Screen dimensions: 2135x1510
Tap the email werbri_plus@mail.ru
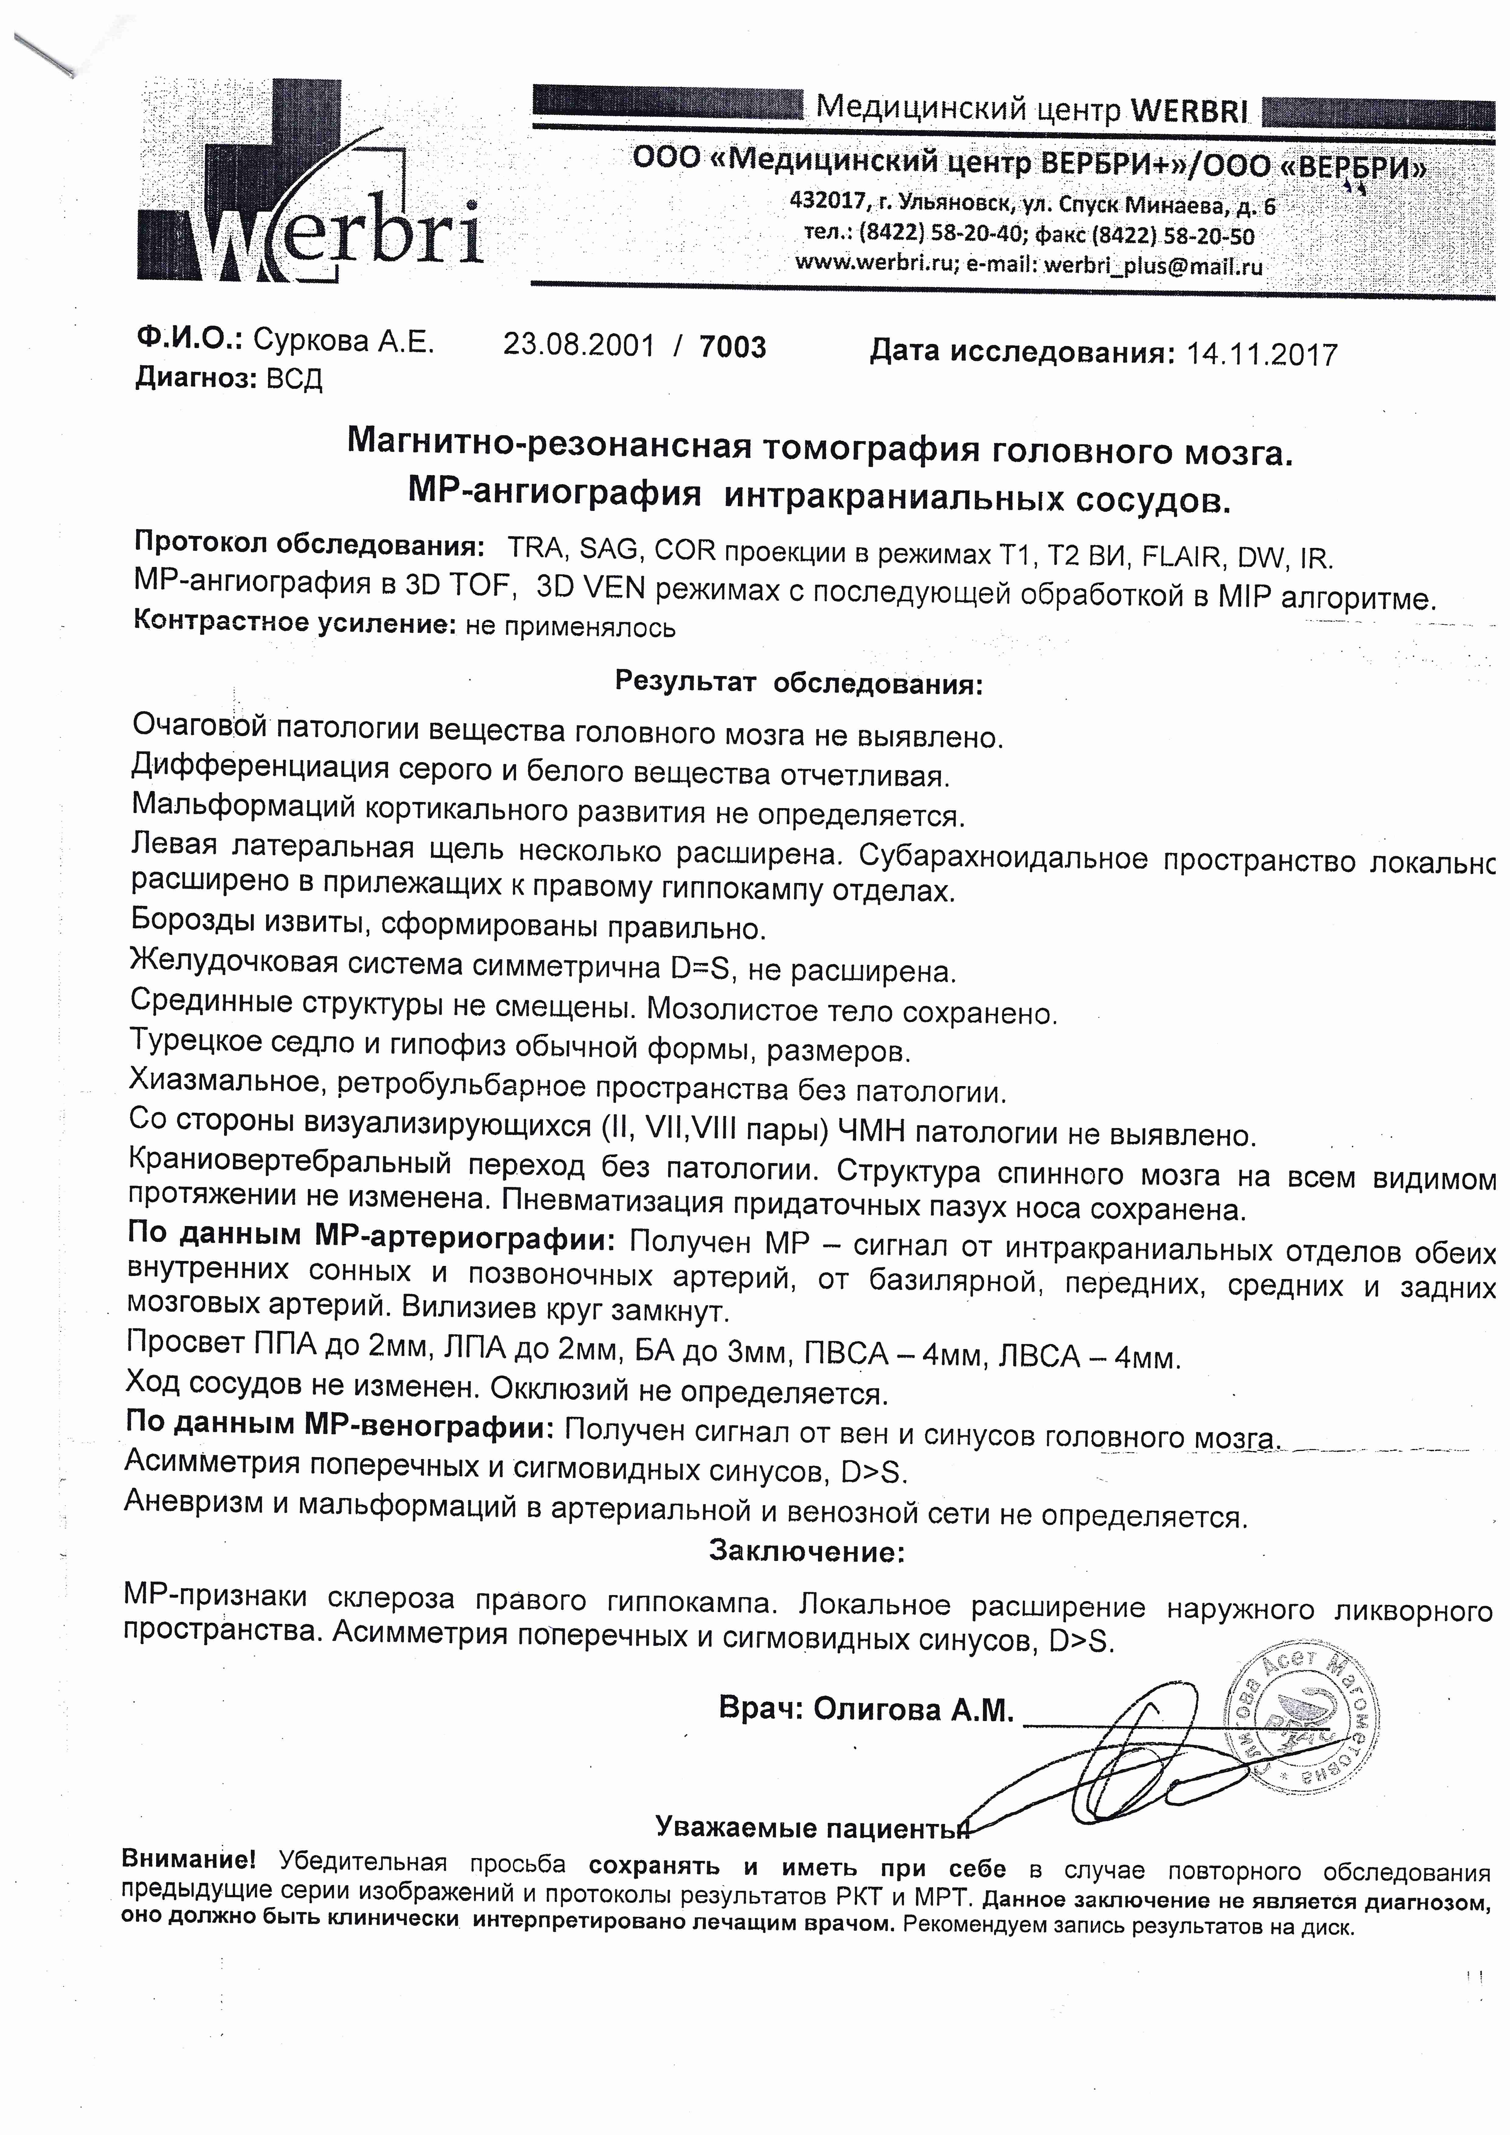1153,266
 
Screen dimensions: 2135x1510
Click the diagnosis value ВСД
294,379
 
